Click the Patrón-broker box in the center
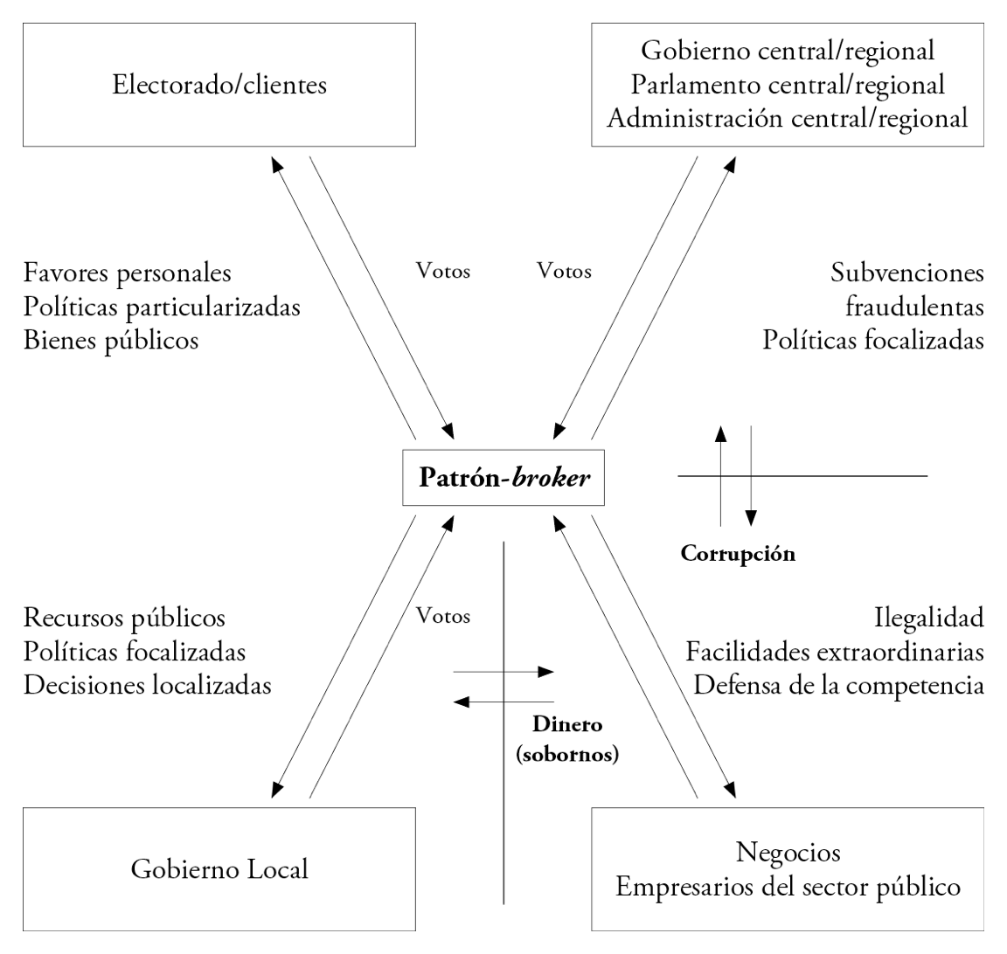503,478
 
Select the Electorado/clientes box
219,85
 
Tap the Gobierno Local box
219,869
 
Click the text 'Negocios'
788,852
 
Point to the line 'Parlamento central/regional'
788,84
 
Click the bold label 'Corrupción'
738,553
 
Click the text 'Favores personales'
128,273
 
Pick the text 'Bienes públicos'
111,339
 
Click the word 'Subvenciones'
907,273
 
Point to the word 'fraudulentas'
914,307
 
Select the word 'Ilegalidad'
928,618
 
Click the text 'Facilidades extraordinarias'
835,652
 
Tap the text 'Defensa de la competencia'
839,685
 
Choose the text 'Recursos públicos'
125,618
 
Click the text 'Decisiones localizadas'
148,685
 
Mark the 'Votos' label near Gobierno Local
443,616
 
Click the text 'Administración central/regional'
788,118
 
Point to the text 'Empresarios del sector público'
788,887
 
